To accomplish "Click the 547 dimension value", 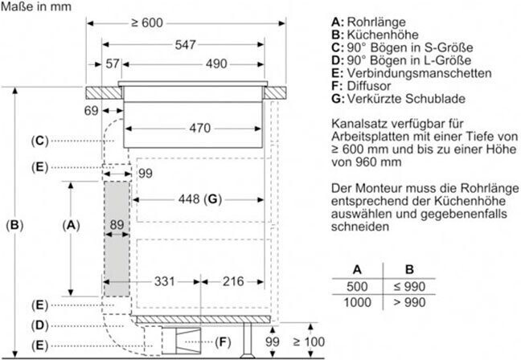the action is [x=186, y=44].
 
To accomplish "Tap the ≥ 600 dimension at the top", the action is [x=147, y=23].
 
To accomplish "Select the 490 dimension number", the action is [x=216, y=63].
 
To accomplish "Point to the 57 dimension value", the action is [x=113, y=63].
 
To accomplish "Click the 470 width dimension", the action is [x=200, y=128].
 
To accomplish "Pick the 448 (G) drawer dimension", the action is [x=200, y=199].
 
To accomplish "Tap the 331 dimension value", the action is [x=165, y=281].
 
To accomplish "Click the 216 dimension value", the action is [x=233, y=281].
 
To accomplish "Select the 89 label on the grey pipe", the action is [x=117, y=225].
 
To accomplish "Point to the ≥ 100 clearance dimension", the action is [x=309, y=342].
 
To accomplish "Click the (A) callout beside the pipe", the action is [x=71, y=226].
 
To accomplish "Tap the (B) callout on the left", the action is [x=14, y=226].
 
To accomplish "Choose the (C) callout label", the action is [x=40, y=141].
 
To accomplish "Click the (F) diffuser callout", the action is [x=223, y=342].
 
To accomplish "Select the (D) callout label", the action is [x=40, y=325].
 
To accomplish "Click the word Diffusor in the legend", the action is [x=369, y=86].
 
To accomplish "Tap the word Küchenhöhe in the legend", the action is [x=383, y=35].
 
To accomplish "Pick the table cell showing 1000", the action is [x=357, y=303].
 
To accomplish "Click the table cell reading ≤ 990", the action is [x=409, y=287].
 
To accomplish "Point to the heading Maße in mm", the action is [x=36, y=6].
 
